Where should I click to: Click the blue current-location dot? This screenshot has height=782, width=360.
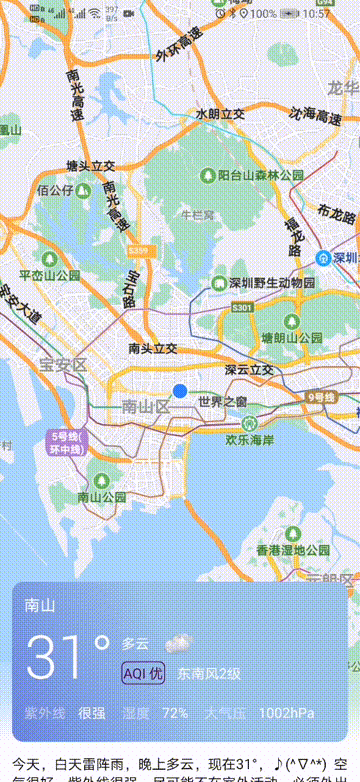[180, 391]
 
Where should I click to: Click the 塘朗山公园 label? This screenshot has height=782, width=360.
[296, 337]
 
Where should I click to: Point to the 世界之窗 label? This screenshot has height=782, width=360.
[222, 402]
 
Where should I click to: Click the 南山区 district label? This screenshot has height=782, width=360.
[142, 406]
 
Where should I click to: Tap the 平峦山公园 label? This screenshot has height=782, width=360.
[50, 275]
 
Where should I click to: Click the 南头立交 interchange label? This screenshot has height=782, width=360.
[152, 348]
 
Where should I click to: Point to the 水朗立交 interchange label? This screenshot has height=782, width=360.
[220, 114]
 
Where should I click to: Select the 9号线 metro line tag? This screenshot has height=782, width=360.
[322, 397]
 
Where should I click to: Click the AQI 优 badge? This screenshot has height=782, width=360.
[143, 674]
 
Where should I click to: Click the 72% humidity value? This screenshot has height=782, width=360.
[175, 713]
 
